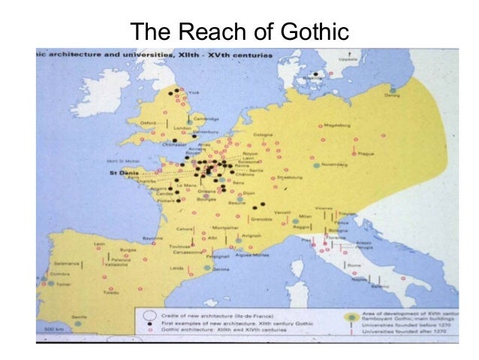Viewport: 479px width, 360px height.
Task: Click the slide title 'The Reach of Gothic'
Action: click(239, 31)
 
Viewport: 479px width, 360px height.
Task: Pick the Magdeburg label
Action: click(337, 126)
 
